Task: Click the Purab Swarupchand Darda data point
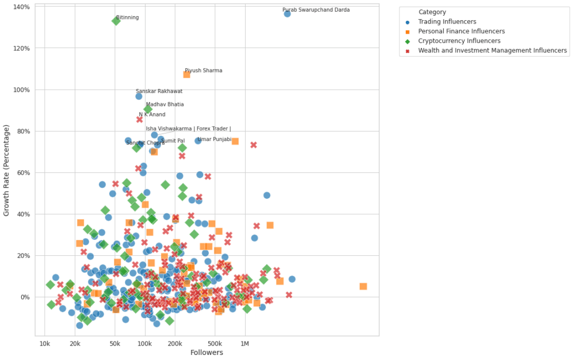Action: pyautogui.click(x=287, y=13)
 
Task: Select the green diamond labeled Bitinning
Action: pyautogui.click(x=116, y=21)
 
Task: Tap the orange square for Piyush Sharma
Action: pyautogui.click(x=187, y=74)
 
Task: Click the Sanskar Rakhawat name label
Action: pyautogui.click(x=159, y=91)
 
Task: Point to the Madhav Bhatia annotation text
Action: pyautogui.click(x=165, y=104)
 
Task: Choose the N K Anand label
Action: pyautogui.click(x=152, y=115)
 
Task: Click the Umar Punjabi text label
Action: pyautogui.click(x=215, y=139)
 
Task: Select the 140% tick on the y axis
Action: pyautogui.click(x=21, y=7)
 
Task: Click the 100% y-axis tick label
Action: pyautogui.click(x=21, y=90)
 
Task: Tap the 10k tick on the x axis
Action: pyautogui.click(x=45, y=343)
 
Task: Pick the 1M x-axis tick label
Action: pyautogui.click(x=245, y=343)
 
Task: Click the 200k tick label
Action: pyautogui.click(x=175, y=343)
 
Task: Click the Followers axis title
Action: pyautogui.click(x=206, y=353)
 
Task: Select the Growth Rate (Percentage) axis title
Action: pyautogui.click(x=7, y=171)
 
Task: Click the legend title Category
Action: pyautogui.click(x=432, y=12)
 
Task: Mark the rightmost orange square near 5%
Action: pyautogui.click(x=363, y=286)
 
